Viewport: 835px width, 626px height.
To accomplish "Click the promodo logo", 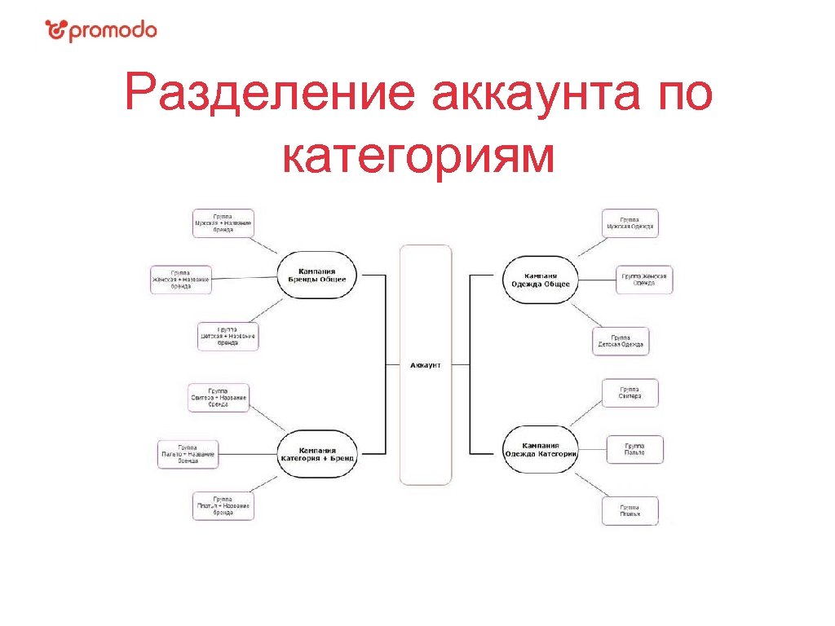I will pyautogui.click(x=101, y=31).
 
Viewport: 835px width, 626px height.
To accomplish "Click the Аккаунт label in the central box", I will pyautogui.click(x=425, y=365).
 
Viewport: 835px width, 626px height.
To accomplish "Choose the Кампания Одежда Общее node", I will pyautogui.click(x=540, y=280).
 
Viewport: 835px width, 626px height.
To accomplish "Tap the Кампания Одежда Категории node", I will pyautogui.click(x=541, y=450).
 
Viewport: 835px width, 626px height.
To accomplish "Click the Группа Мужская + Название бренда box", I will pyautogui.click(x=223, y=223).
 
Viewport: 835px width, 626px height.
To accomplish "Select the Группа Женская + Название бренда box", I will pyautogui.click(x=181, y=280).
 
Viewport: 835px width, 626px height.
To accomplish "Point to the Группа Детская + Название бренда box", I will pyautogui.click(x=228, y=337).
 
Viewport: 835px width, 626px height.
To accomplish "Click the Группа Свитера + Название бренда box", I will pyautogui.click(x=218, y=397).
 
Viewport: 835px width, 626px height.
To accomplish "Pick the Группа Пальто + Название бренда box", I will pyautogui.click(x=188, y=454).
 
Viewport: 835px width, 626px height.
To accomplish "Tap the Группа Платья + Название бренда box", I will pyautogui.click(x=223, y=506).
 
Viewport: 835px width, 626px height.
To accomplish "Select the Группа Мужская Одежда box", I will pyautogui.click(x=630, y=223).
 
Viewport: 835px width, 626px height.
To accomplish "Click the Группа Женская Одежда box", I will pyautogui.click(x=643, y=280).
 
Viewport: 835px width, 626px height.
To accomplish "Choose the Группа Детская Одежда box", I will pyautogui.click(x=621, y=341).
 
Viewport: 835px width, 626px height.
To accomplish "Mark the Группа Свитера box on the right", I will pyautogui.click(x=630, y=393).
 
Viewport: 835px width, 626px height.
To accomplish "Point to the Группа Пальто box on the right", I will pyautogui.click(x=634, y=449).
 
